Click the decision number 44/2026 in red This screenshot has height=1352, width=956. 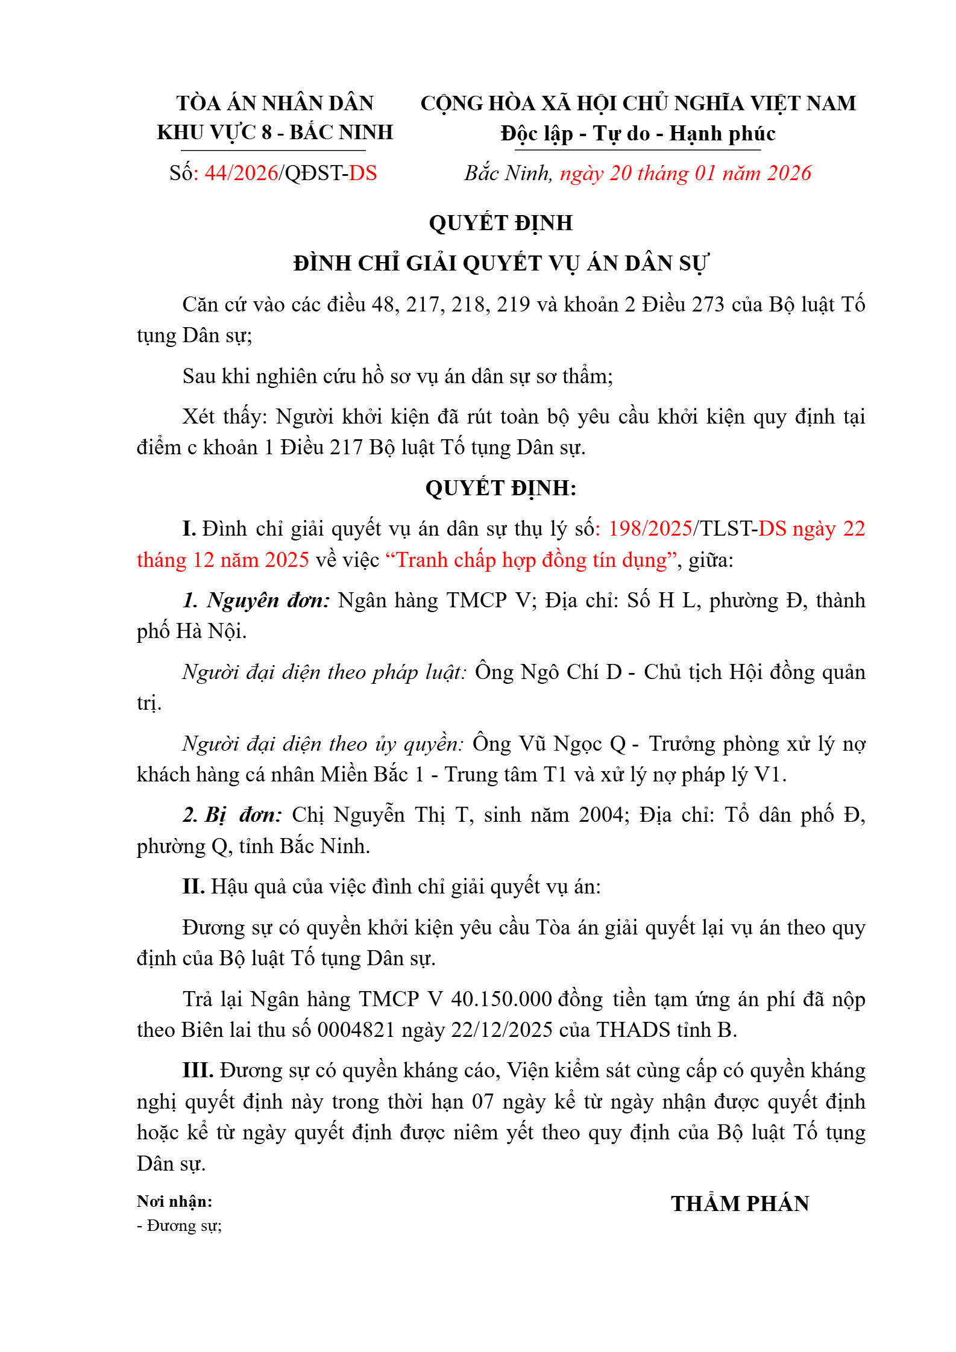(241, 174)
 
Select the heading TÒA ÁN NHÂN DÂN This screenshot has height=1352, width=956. (275, 104)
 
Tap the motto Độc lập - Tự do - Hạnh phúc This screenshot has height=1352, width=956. (638, 133)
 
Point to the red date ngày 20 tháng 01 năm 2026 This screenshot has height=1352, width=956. (685, 174)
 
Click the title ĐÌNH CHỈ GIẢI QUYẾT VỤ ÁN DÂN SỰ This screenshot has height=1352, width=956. (501, 264)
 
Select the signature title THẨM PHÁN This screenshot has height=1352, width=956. (740, 1204)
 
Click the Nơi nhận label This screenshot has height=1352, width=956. (174, 1202)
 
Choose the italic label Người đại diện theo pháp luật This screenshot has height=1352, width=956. (324, 672)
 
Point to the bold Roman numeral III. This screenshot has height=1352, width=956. (198, 1071)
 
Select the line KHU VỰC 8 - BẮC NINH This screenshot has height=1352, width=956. (275, 133)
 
